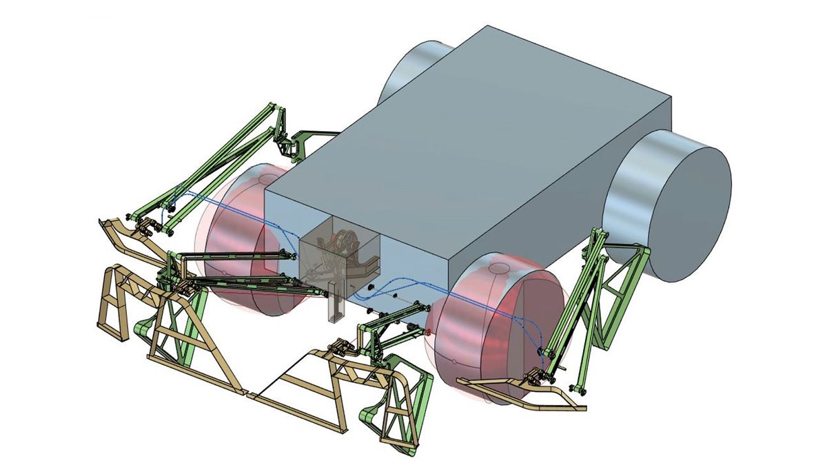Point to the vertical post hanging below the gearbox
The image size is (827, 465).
[x=335, y=303]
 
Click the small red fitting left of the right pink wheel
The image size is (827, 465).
[x=428, y=332]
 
